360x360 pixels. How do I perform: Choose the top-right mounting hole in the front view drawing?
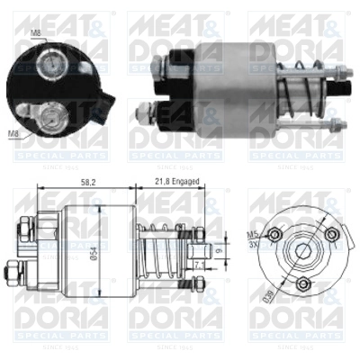point(331,236)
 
